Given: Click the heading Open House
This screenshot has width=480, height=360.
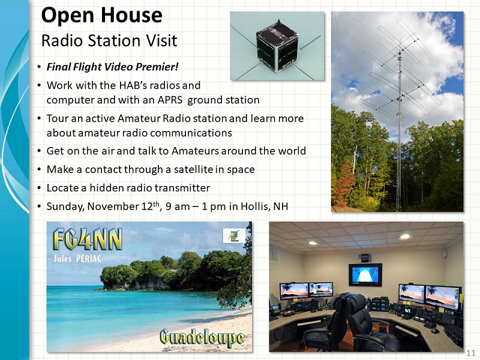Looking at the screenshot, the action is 101,16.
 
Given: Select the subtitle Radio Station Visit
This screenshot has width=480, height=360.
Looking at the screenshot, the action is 109,41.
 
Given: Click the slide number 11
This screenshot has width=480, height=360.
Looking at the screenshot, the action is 470,353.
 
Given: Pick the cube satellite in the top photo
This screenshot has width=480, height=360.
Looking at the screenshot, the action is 277,47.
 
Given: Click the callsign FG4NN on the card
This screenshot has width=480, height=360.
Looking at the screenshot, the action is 87,239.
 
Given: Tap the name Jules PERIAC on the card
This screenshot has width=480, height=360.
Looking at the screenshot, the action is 77,259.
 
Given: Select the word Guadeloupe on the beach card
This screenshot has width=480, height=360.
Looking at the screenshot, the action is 202,338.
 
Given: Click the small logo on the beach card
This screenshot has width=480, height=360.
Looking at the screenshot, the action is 234,235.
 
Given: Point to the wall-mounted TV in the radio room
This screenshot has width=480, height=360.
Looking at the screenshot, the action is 365,275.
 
